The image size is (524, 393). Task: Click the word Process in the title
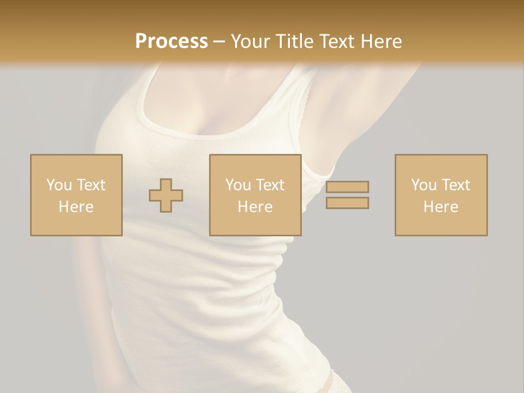(x=171, y=41)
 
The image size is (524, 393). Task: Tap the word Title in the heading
(x=294, y=41)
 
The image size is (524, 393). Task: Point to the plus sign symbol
(x=166, y=195)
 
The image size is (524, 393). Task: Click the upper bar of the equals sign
(x=347, y=187)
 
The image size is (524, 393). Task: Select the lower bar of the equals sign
(x=347, y=203)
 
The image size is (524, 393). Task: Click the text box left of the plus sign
(x=76, y=195)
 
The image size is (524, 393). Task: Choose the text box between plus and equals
(x=255, y=195)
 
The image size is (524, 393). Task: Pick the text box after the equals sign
(x=441, y=195)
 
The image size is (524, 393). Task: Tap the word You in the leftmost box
(x=59, y=184)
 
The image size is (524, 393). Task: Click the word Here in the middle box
(x=255, y=207)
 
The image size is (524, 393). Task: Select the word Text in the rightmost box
(x=455, y=184)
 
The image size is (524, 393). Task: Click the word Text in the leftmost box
(x=91, y=184)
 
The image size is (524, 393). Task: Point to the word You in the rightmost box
(x=424, y=184)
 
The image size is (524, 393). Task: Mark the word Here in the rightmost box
(x=441, y=207)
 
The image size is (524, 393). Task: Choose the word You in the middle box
(x=238, y=184)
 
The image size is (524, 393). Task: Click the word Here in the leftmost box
(x=76, y=207)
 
